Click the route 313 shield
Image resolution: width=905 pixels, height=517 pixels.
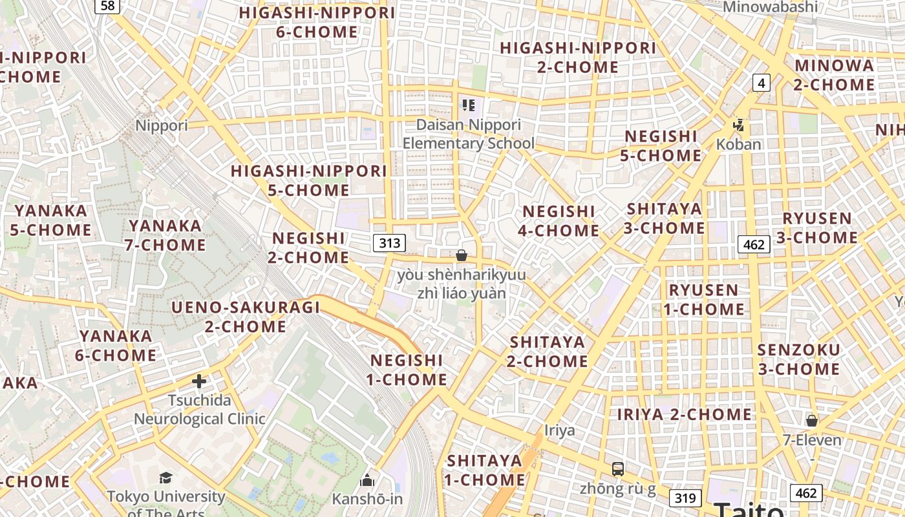389,243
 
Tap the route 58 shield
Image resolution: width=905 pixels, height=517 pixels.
107,6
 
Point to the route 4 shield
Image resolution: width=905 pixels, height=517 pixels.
761,83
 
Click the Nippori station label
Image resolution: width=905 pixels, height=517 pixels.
162,125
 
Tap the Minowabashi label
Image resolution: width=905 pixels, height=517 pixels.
770,7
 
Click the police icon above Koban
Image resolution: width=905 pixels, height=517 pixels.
738,125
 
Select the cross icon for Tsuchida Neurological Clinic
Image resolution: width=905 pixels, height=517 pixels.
199,381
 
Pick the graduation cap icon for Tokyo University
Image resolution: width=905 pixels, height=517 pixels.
166,478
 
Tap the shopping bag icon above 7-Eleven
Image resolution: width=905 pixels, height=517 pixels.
812,421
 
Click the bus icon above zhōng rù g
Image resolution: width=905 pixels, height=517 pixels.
618,469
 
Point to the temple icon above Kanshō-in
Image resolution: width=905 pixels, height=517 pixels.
367,480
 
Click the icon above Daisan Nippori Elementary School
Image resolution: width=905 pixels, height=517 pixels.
469,105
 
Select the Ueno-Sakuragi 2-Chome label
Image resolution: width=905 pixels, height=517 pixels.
246,317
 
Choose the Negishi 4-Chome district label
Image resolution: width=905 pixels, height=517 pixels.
560,220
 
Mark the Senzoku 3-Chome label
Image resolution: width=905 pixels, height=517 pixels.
799,359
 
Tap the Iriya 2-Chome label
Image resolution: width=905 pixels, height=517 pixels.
685,414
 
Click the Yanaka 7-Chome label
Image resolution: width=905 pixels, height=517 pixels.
167,235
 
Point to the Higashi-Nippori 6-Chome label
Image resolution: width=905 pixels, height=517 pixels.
317,22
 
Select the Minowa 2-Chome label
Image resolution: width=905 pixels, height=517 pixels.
834,75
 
